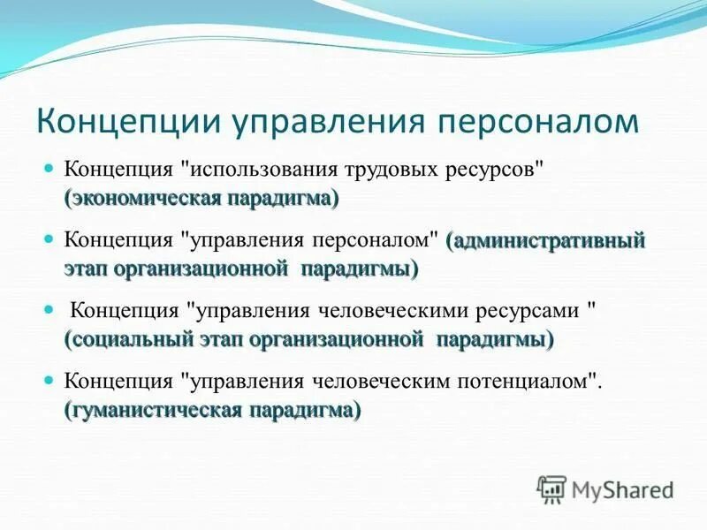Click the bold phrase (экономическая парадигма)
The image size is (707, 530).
coord(201,198)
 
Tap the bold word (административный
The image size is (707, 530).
coord(546,239)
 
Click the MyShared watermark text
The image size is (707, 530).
coord(622,488)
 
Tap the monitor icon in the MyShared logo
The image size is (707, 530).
coord(552,488)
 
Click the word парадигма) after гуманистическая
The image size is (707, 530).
coord(304,410)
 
